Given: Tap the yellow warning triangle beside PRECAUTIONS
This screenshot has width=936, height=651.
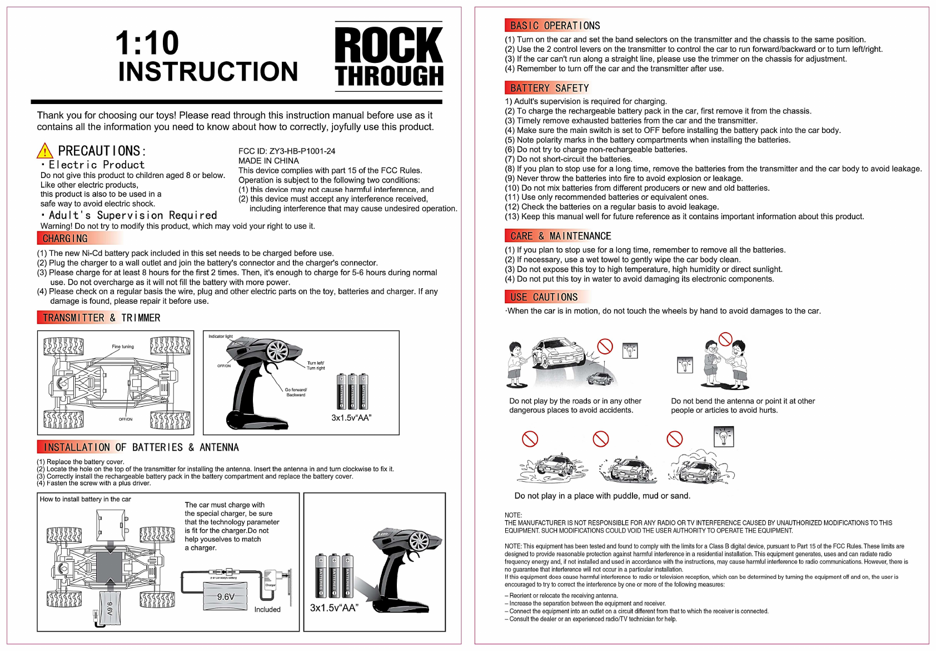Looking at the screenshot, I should [x=44, y=151].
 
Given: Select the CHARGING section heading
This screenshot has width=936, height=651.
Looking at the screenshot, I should [x=65, y=239].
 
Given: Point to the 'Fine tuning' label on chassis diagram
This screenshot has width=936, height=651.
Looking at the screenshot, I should [x=123, y=347].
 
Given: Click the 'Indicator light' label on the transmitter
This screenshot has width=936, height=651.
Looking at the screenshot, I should [x=221, y=337].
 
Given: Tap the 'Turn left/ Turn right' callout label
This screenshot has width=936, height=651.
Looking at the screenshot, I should [x=316, y=366].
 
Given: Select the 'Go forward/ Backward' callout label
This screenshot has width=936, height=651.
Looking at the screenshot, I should [x=296, y=392].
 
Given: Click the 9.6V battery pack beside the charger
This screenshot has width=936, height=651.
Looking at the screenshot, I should [x=226, y=597].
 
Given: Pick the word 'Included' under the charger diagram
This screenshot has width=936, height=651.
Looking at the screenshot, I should [x=267, y=610].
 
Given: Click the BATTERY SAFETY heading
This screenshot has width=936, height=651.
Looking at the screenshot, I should [x=549, y=88].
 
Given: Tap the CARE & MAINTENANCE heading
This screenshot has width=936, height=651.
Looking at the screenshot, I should [x=560, y=236].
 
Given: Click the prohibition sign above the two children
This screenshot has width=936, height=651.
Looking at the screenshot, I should [x=725, y=339].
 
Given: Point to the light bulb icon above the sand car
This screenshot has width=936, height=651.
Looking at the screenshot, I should [x=724, y=437].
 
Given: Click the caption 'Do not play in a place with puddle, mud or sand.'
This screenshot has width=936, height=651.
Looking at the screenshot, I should [x=602, y=496].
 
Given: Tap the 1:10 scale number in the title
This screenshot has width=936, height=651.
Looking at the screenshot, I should [x=147, y=43].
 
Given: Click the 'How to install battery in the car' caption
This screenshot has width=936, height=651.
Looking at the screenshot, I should [x=86, y=499].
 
